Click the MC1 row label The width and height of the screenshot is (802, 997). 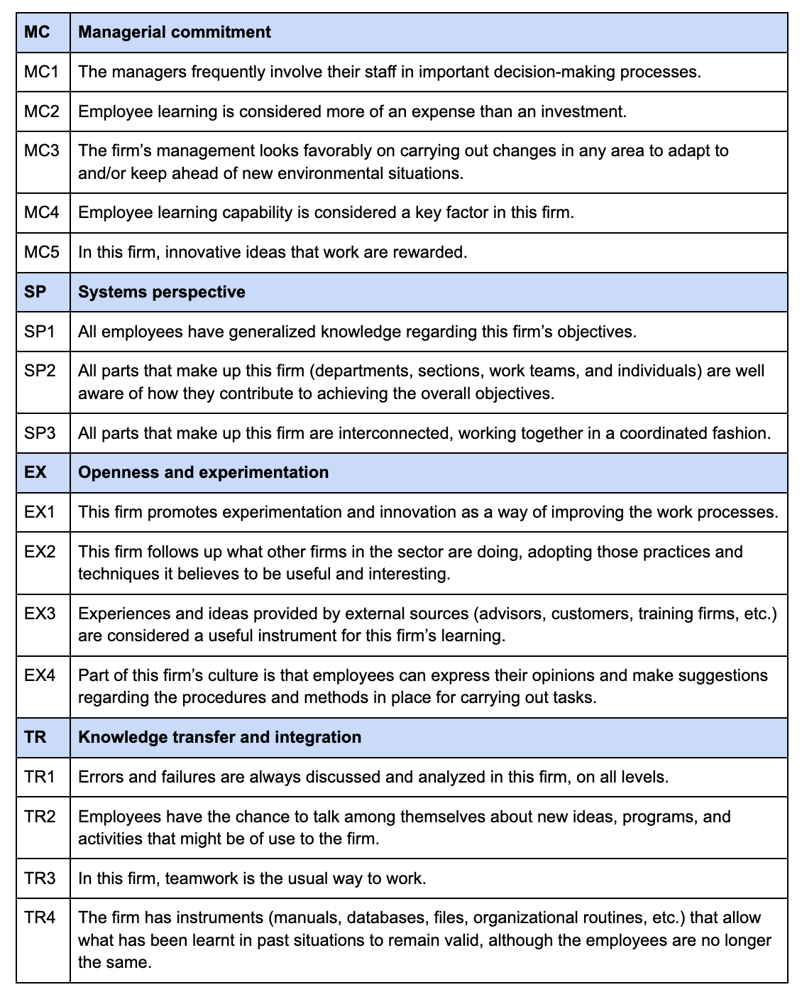coord(42,72)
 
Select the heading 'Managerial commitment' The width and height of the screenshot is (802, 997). coord(174,32)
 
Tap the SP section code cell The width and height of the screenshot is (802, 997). coord(35,292)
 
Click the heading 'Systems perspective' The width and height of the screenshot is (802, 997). coord(161,292)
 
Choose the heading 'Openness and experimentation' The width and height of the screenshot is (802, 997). coord(203,472)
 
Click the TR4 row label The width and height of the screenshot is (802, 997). coord(40,917)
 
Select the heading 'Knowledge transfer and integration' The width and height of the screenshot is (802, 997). coord(219,737)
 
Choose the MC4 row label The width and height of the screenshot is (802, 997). coord(42,212)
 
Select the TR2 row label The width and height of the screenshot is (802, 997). coord(40,817)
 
